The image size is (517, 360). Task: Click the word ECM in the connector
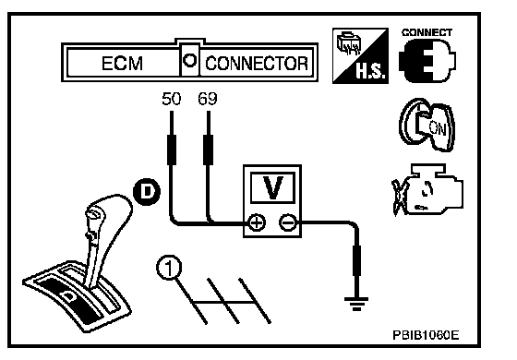point(122,64)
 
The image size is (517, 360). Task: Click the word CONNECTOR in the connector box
point(257,64)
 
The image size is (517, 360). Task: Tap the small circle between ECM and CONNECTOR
point(190,61)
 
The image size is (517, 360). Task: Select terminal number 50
point(172,99)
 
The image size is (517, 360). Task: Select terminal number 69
point(208,99)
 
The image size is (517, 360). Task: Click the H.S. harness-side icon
point(360,55)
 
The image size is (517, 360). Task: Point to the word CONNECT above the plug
point(427,32)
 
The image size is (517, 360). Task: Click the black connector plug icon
point(427,61)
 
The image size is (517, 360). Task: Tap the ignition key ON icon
point(427,125)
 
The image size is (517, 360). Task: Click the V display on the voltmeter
point(272,188)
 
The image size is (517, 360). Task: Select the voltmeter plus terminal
point(257,223)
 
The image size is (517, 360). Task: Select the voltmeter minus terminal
point(288,223)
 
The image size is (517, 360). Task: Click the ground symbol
point(356,304)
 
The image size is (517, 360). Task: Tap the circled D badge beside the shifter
point(147,192)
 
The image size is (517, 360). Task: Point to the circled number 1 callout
point(169,268)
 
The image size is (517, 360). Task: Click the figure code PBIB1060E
point(426,335)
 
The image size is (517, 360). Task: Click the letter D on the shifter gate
point(69,295)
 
